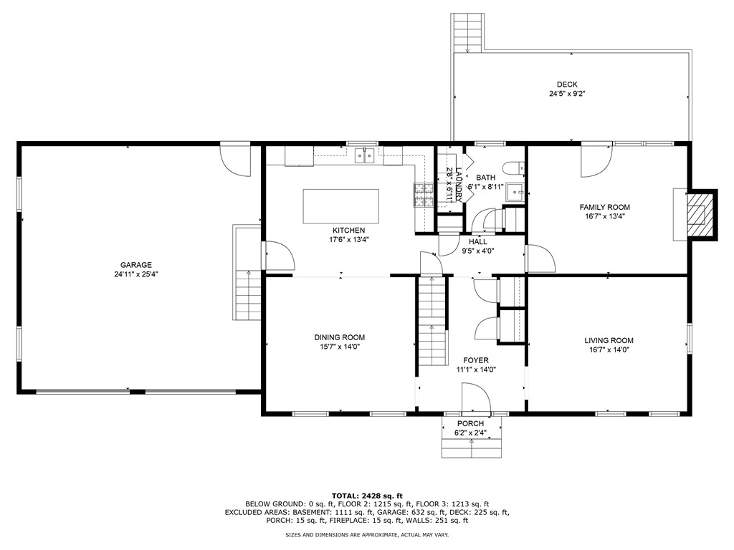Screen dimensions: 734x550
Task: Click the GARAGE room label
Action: [135, 265]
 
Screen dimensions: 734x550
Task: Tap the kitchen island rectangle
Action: [340, 206]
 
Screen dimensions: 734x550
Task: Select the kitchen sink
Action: [364, 155]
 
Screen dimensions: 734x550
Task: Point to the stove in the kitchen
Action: [424, 195]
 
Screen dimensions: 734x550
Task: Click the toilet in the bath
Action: [513, 168]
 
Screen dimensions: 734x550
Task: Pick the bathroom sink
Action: [516, 192]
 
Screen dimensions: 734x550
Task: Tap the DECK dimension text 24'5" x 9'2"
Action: [567, 94]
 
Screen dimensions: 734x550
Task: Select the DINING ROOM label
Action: [339, 337]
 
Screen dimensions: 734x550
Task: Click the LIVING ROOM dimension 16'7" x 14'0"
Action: [609, 349]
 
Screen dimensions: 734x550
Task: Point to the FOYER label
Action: [476, 360]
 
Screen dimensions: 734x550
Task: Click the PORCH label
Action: [470, 423]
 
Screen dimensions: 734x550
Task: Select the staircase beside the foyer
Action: [432, 322]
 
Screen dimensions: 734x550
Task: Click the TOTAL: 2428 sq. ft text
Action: [367, 496]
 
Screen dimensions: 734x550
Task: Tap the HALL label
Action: [478, 241]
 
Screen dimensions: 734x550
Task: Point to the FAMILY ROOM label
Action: [605, 207]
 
